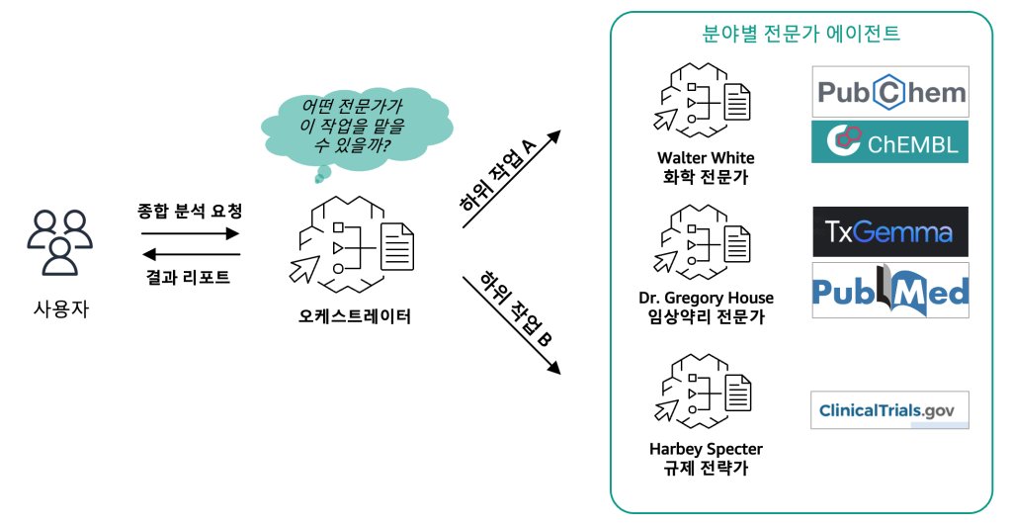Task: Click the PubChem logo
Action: tap(890, 92)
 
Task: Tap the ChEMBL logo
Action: tap(890, 141)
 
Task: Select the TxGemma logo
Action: tap(890, 232)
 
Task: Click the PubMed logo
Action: tap(890, 290)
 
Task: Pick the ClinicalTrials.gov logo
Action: tap(889, 410)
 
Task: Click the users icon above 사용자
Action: tap(60, 241)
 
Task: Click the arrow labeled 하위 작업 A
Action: tap(513, 180)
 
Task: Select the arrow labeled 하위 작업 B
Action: tap(513, 325)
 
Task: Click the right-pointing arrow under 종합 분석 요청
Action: tap(190, 234)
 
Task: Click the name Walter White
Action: tap(706, 158)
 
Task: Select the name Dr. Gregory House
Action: tap(706, 298)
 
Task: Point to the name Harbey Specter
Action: tap(706, 449)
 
